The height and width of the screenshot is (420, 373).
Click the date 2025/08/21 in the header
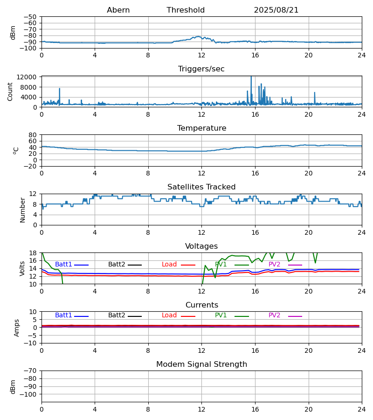click(276, 10)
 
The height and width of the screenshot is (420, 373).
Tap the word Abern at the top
click(118, 10)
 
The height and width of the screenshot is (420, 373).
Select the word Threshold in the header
click(186, 10)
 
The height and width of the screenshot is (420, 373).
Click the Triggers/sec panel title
click(201, 69)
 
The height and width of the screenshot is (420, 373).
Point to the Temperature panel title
click(201, 128)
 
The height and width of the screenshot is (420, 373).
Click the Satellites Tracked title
click(201, 187)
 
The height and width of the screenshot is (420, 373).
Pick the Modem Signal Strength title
click(201, 364)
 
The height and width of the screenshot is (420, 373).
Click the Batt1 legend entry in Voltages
click(64, 265)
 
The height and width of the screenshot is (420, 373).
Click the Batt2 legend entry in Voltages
click(117, 265)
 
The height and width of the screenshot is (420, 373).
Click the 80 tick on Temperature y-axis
click(33, 135)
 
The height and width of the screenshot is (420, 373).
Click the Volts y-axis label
click(22, 268)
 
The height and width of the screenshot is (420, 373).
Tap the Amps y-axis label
click(17, 328)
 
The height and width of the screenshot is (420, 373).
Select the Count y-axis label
click(10, 91)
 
